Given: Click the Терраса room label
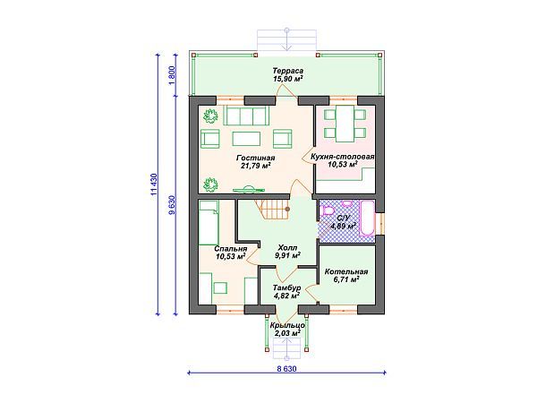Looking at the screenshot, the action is (287, 71).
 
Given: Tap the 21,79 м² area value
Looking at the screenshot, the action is (255, 166).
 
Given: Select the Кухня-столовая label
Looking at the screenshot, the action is (342, 157).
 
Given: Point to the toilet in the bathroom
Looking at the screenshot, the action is (327, 211).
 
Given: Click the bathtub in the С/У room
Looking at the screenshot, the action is (367, 219).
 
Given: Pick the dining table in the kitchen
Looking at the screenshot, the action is (345, 124).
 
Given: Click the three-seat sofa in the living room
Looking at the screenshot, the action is (246, 116).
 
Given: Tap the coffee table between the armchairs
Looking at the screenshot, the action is (246, 139).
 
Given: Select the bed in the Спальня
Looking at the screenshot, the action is (209, 222).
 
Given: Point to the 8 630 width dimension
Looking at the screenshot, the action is (286, 369).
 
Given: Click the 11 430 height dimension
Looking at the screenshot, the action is (154, 184).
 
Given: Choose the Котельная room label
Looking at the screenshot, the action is (346, 271).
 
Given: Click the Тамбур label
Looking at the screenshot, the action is (286, 287).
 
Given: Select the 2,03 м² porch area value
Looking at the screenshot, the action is (287, 333).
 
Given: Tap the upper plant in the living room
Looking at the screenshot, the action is (210, 116).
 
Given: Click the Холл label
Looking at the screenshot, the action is (287, 247).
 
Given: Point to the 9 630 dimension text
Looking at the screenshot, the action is (172, 205).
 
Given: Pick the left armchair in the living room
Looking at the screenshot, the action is (210, 139).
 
